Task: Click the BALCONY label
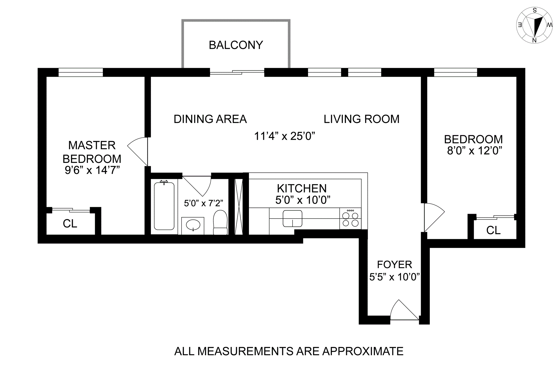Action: pyautogui.click(x=236, y=45)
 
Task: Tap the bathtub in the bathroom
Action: pyautogui.click(x=164, y=206)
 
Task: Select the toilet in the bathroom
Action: pyautogui.click(x=220, y=222)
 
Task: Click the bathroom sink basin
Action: pyautogui.click(x=193, y=225)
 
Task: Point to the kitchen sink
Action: pyautogui.click(x=293, y=218)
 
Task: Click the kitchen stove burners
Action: pyautogui.click(x=350, y=219)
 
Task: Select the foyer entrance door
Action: pyautogui.click(x=404, y=310)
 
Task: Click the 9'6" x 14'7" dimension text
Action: pyautogui.click(x=92, y=170)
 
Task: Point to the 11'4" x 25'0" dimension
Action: pyautogui.click(x=285, y=136)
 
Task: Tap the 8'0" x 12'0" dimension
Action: pyautogui.click(x=475, y=151)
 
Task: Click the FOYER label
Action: pyautogui.click(x=395, y=265)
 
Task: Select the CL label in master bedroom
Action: pyautogui.click(x=70, y=224)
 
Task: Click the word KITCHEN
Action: pyautogui.click(x=302, y=189)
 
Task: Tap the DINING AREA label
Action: pyautogui.click(x=210, y=119)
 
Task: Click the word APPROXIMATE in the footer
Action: pyautogui.click(x=363, y=351)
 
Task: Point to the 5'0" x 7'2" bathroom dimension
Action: pyautogui.click(x=204, y=203)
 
